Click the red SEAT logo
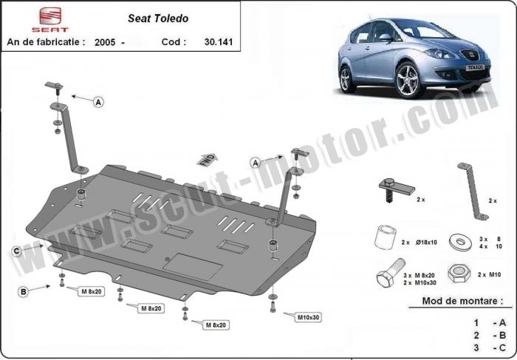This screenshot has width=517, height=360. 50,19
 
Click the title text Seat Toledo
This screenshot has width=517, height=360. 158,18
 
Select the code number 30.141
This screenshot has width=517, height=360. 219,42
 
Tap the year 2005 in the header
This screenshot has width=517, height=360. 105,42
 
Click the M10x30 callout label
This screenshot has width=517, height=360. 308,317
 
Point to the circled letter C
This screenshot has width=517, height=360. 16,251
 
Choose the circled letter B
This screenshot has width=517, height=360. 23,292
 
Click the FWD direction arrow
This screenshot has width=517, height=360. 207,160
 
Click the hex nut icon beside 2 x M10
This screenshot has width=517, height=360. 458,274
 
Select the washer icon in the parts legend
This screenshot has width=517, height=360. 460,242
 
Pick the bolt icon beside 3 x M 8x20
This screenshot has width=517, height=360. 391,273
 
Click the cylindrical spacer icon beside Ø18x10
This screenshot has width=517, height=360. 385,237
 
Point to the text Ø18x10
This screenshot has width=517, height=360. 426,242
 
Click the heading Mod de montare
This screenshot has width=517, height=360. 462,301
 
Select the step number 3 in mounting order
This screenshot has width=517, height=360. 476,347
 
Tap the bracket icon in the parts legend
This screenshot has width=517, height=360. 473,191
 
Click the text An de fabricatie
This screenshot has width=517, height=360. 46,42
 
